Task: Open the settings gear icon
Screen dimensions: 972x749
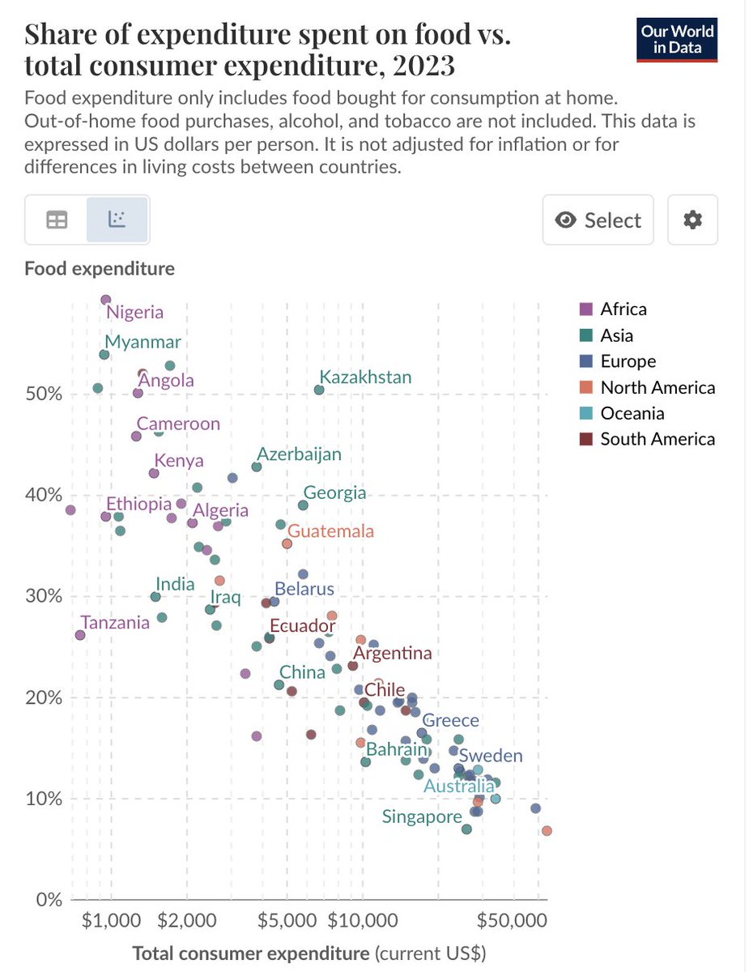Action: (x=692, y=220)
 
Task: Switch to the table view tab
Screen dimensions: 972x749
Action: (x=57, y=220)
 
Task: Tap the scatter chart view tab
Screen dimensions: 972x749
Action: (x=117, y=220)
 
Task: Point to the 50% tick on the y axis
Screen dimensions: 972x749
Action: (x=40, y=394)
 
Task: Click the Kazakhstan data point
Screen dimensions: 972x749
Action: (x=319, y=390)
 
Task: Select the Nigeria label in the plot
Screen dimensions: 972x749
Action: (x=135, y=312)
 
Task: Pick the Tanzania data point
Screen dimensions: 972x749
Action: (x=80, y=635)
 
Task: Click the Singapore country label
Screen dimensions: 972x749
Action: (x=422, y=817)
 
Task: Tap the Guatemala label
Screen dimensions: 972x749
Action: (x=331, y=531)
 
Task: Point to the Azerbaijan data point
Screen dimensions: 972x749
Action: (x=257, y=467)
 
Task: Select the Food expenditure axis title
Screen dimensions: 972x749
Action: (x=100, y=268)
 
